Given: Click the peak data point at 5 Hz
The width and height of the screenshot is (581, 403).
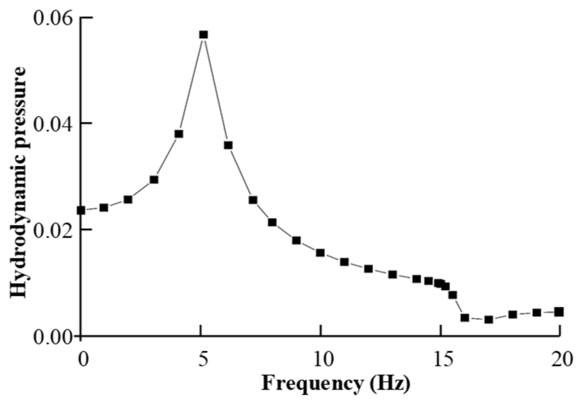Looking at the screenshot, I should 204,35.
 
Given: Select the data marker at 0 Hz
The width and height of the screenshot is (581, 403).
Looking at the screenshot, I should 81,210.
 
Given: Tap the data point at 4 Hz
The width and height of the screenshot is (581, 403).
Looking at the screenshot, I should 179,134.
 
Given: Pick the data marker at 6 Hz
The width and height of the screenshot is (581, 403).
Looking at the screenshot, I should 228,145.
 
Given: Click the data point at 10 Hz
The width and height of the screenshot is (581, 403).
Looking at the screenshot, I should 320,253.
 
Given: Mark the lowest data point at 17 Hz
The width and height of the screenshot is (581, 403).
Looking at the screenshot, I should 489,319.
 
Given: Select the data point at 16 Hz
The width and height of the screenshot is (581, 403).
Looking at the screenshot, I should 465,318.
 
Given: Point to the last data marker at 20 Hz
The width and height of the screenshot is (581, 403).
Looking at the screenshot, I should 559,312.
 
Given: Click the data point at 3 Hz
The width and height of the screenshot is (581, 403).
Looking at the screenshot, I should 154,179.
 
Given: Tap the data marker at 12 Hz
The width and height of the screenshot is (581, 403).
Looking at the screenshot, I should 368,268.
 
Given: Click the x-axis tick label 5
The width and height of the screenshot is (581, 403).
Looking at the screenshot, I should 203,360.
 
